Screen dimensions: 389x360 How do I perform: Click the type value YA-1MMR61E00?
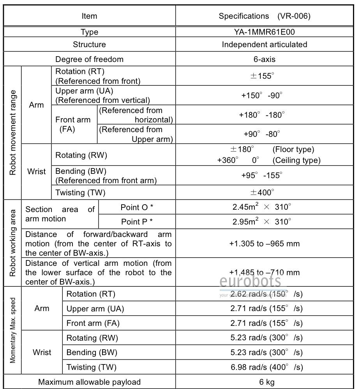point(265,32)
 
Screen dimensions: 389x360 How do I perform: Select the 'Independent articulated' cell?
point(265,44)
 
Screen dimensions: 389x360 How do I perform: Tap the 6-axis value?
point(265,59)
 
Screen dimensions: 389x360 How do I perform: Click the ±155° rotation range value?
point(262,76)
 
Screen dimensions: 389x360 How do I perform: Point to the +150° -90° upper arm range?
point(262,95)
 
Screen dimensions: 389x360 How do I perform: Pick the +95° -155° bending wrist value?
point(261,175)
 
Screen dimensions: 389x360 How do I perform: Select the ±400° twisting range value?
point(262,192)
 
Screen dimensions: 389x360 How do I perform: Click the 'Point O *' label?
point(137,207)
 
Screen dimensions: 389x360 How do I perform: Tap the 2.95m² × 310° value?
point(262,222)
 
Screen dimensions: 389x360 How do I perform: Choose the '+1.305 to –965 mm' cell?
point(265,244)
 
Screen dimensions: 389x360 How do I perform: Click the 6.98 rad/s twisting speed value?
point(266,367)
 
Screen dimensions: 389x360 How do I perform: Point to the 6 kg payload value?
point(265,382)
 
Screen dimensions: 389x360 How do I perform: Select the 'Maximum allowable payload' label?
point(90,382)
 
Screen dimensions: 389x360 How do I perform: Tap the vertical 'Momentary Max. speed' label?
point(12,331)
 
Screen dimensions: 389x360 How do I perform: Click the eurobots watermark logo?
point(250,281)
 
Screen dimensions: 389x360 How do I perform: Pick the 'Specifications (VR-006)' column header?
point(265,16)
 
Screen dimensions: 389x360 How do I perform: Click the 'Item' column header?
point(89,16)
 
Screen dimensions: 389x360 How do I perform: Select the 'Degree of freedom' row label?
point(89,59)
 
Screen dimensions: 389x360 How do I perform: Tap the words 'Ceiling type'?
point(296,160)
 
